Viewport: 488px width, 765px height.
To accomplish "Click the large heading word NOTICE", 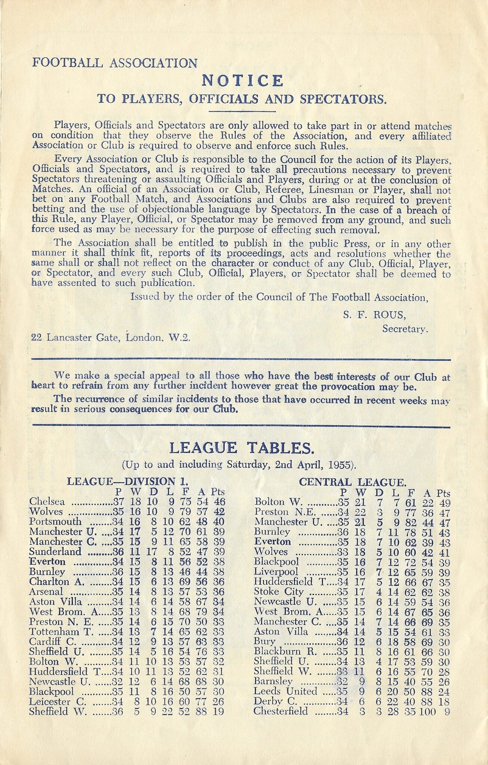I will pos(243,81).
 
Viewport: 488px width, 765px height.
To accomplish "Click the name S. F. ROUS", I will pos(374,315).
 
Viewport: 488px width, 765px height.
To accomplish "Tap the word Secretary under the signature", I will pos(405,329).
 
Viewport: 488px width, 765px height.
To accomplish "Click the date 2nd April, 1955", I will pos(315,465).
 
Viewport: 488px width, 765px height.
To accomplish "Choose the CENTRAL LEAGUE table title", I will pos(352,482).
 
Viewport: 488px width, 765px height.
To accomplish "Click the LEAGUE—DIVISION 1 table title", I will pos(127,482).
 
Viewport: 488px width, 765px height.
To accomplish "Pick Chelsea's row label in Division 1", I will pos(47,502).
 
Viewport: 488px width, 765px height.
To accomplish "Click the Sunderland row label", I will pos(55,552).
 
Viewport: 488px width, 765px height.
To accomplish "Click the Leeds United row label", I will pos(285,691).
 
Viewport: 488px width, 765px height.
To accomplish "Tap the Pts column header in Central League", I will pos(444,493).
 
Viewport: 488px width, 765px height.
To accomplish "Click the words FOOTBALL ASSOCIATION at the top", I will pos(115,63).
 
